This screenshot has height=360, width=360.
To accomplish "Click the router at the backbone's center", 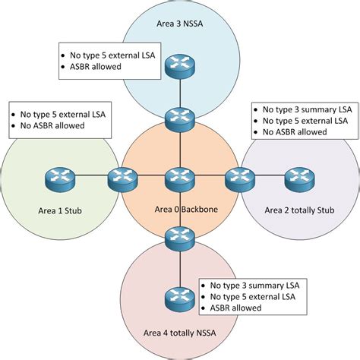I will (180, 180).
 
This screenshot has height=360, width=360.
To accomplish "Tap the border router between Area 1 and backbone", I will (121, 180).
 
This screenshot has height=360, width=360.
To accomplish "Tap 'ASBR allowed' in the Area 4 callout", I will (239, 308).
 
